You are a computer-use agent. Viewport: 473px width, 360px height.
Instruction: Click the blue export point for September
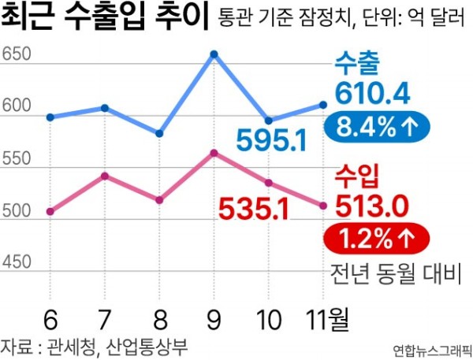[214, 54]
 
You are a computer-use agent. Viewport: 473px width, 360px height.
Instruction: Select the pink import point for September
[214, 153]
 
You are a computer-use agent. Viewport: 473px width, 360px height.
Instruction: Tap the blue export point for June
[50, 117]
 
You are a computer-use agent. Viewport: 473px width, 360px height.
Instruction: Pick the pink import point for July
[105, 176]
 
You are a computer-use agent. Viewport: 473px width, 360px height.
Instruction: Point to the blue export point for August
[159, 134]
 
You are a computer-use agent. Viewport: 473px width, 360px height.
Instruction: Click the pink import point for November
[323, 206]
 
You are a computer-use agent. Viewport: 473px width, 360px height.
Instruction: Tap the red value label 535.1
[254, 208]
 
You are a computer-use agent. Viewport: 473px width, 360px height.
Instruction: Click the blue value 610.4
[373, 93]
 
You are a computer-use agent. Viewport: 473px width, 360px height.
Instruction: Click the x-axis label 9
[214, 321]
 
